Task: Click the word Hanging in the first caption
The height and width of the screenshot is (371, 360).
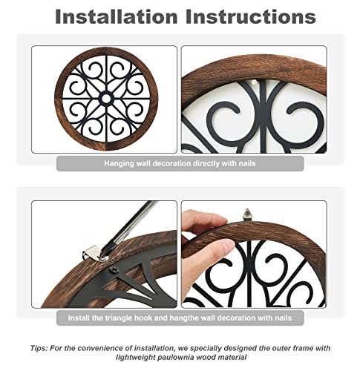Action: (120, 162)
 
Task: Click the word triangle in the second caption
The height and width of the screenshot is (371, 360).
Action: (137, 318)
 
